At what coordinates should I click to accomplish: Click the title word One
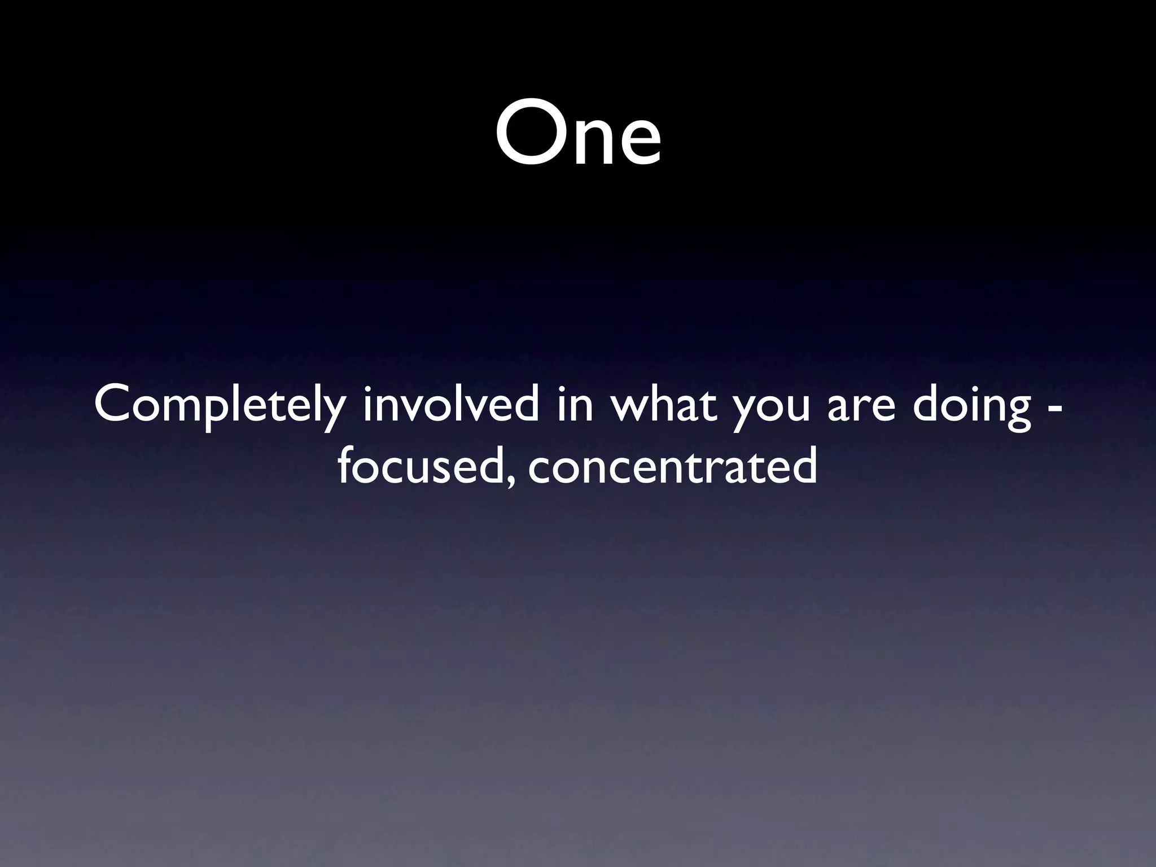point(578,133)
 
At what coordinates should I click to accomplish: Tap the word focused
point(418,468)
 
